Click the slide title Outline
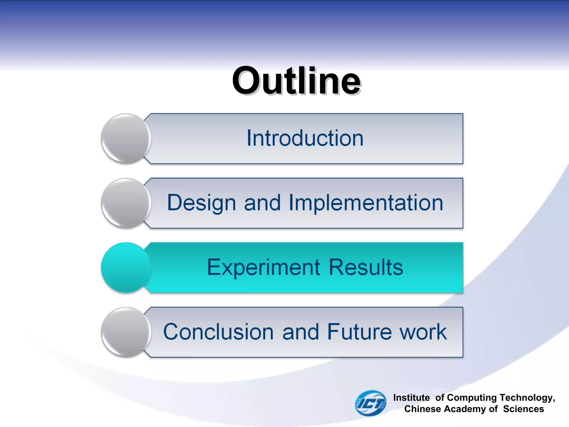tap(296, 81)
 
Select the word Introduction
tap(305, 138)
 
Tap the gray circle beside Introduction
tap(126, 138)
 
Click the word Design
tap(201, 203)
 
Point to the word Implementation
tap(366, 203)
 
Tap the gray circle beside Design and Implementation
tap(126, 203)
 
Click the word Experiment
tap(263, 267)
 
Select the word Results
tap(366, 267)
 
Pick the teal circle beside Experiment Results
tap(126, 267)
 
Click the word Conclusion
tap(218, 332)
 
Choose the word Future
tap(359, 332)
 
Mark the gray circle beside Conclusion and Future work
tap(126, 332)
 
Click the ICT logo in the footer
tap(370, 403)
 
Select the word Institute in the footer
tap(411, 398)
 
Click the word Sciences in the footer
tap(523, 409)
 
